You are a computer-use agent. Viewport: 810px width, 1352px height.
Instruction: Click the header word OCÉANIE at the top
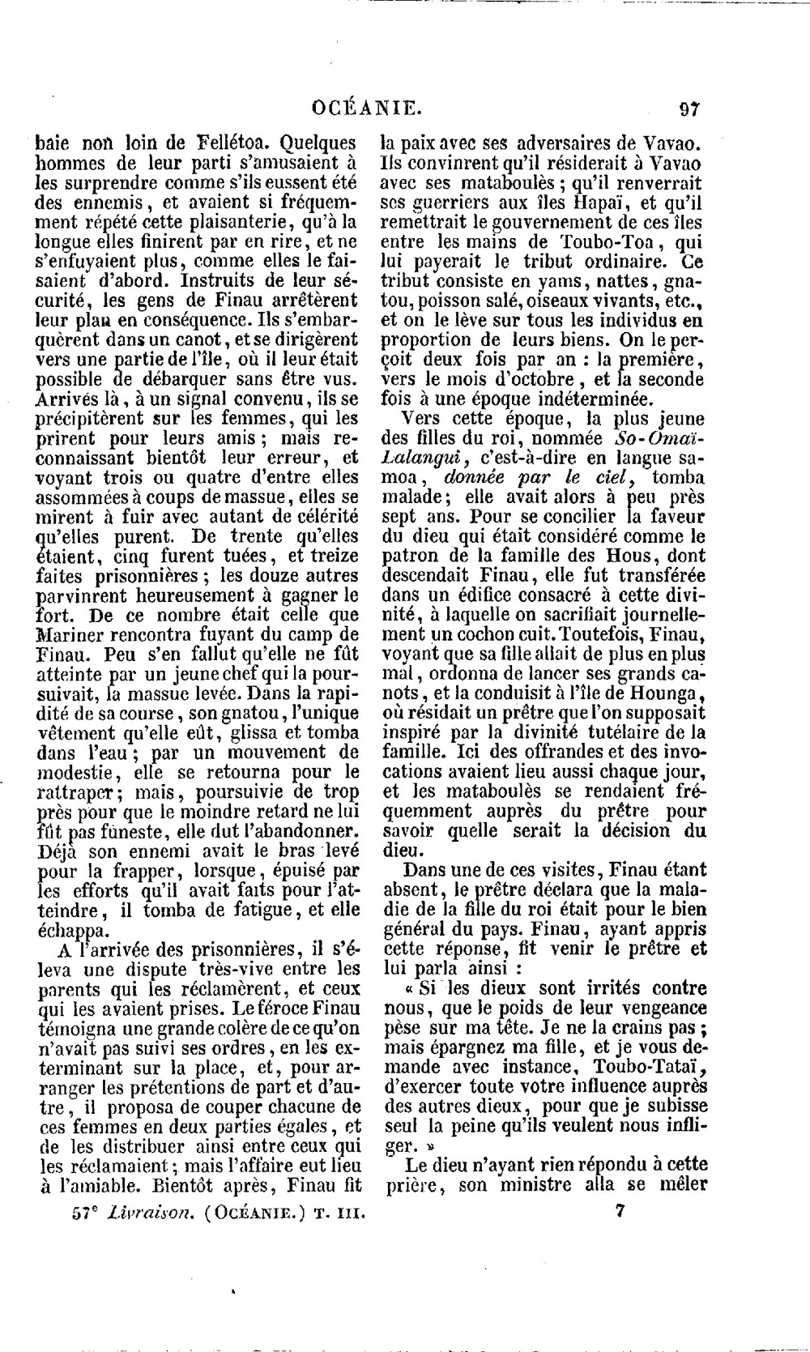[366, 109]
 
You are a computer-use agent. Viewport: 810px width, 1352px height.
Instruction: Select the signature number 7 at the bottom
[620, 1212]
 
